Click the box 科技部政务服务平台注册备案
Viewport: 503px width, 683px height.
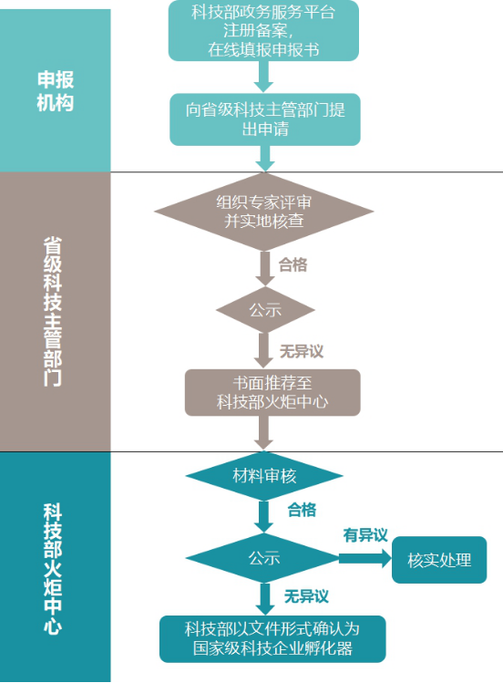point(263,30)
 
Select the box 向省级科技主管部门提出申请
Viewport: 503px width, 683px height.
point(265,119)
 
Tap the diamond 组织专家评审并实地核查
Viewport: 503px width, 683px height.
point(264,212)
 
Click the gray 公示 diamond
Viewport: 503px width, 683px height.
point(265,310)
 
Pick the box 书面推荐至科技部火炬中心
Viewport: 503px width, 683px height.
point(272,392)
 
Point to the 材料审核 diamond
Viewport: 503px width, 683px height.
point(264,476)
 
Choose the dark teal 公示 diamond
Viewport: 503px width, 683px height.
point(263,558)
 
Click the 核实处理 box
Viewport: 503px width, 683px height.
point(439,560)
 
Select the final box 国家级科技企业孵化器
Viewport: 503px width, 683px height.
point(272,639)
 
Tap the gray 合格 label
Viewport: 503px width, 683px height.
point(293,264)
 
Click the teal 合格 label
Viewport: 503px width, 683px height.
point(302,509)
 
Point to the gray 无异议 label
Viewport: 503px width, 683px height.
point(302,351)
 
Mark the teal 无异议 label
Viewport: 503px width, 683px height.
point(306,595)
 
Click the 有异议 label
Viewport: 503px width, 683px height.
point(365,535)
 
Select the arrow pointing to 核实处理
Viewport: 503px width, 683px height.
point(365,558)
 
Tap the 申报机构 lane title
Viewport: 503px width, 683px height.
point(56,91)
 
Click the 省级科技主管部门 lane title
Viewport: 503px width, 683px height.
point(53,312)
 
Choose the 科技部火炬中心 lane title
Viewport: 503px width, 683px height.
point(53,569)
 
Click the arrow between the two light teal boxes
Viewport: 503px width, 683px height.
point(263,77)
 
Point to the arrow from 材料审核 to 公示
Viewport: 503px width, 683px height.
point(263,517)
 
